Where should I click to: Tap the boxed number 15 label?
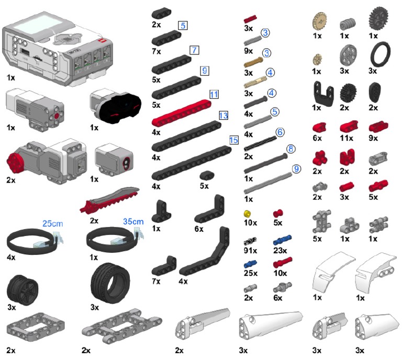click(233, 140)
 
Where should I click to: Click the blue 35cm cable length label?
click(133, 221)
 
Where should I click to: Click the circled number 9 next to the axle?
click(296, 169)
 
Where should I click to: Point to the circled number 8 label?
click(291, 150)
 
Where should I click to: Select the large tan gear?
click(318, 20)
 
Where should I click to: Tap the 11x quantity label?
click(346, 141)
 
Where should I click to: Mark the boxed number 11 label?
click(213, 95)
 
